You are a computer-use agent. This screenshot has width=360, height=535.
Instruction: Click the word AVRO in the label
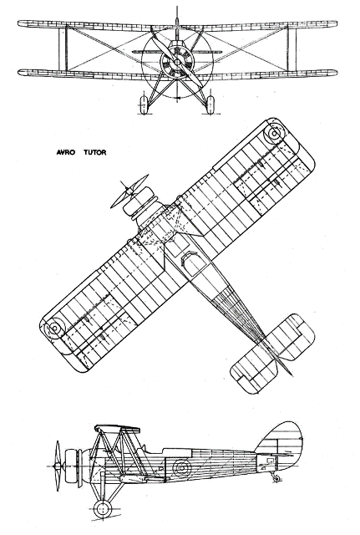tap(65, 152)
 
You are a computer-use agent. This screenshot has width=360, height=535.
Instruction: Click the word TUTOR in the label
tap(94, 152)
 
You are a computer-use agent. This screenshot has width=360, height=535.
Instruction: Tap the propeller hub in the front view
tap(177, 62)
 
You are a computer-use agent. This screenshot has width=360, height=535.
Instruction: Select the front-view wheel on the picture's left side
tap(144, 104)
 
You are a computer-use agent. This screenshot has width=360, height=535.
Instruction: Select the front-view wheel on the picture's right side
tap(210, 104)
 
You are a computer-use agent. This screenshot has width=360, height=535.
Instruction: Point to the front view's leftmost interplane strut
tap(62, 48)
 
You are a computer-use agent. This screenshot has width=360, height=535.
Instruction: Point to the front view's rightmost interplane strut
tap(292, 48)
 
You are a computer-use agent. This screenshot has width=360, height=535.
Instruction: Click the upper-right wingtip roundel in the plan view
tap(275, 134)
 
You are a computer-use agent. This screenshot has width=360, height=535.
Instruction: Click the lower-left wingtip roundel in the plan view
tap(55, 329)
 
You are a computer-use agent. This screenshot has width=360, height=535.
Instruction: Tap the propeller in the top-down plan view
tap(129, 191)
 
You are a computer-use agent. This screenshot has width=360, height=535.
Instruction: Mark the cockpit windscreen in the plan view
tap(187, 257)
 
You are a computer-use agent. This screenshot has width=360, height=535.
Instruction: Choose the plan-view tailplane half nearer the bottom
tap(254, 370)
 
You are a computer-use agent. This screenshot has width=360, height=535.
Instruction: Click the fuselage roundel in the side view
tap(181, 467)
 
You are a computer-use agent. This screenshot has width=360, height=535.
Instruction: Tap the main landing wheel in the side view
tap(103, 509)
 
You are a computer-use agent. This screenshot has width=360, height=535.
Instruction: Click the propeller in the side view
tap(58, 466)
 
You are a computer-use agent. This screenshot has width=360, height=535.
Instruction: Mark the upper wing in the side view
tap(118, 428)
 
